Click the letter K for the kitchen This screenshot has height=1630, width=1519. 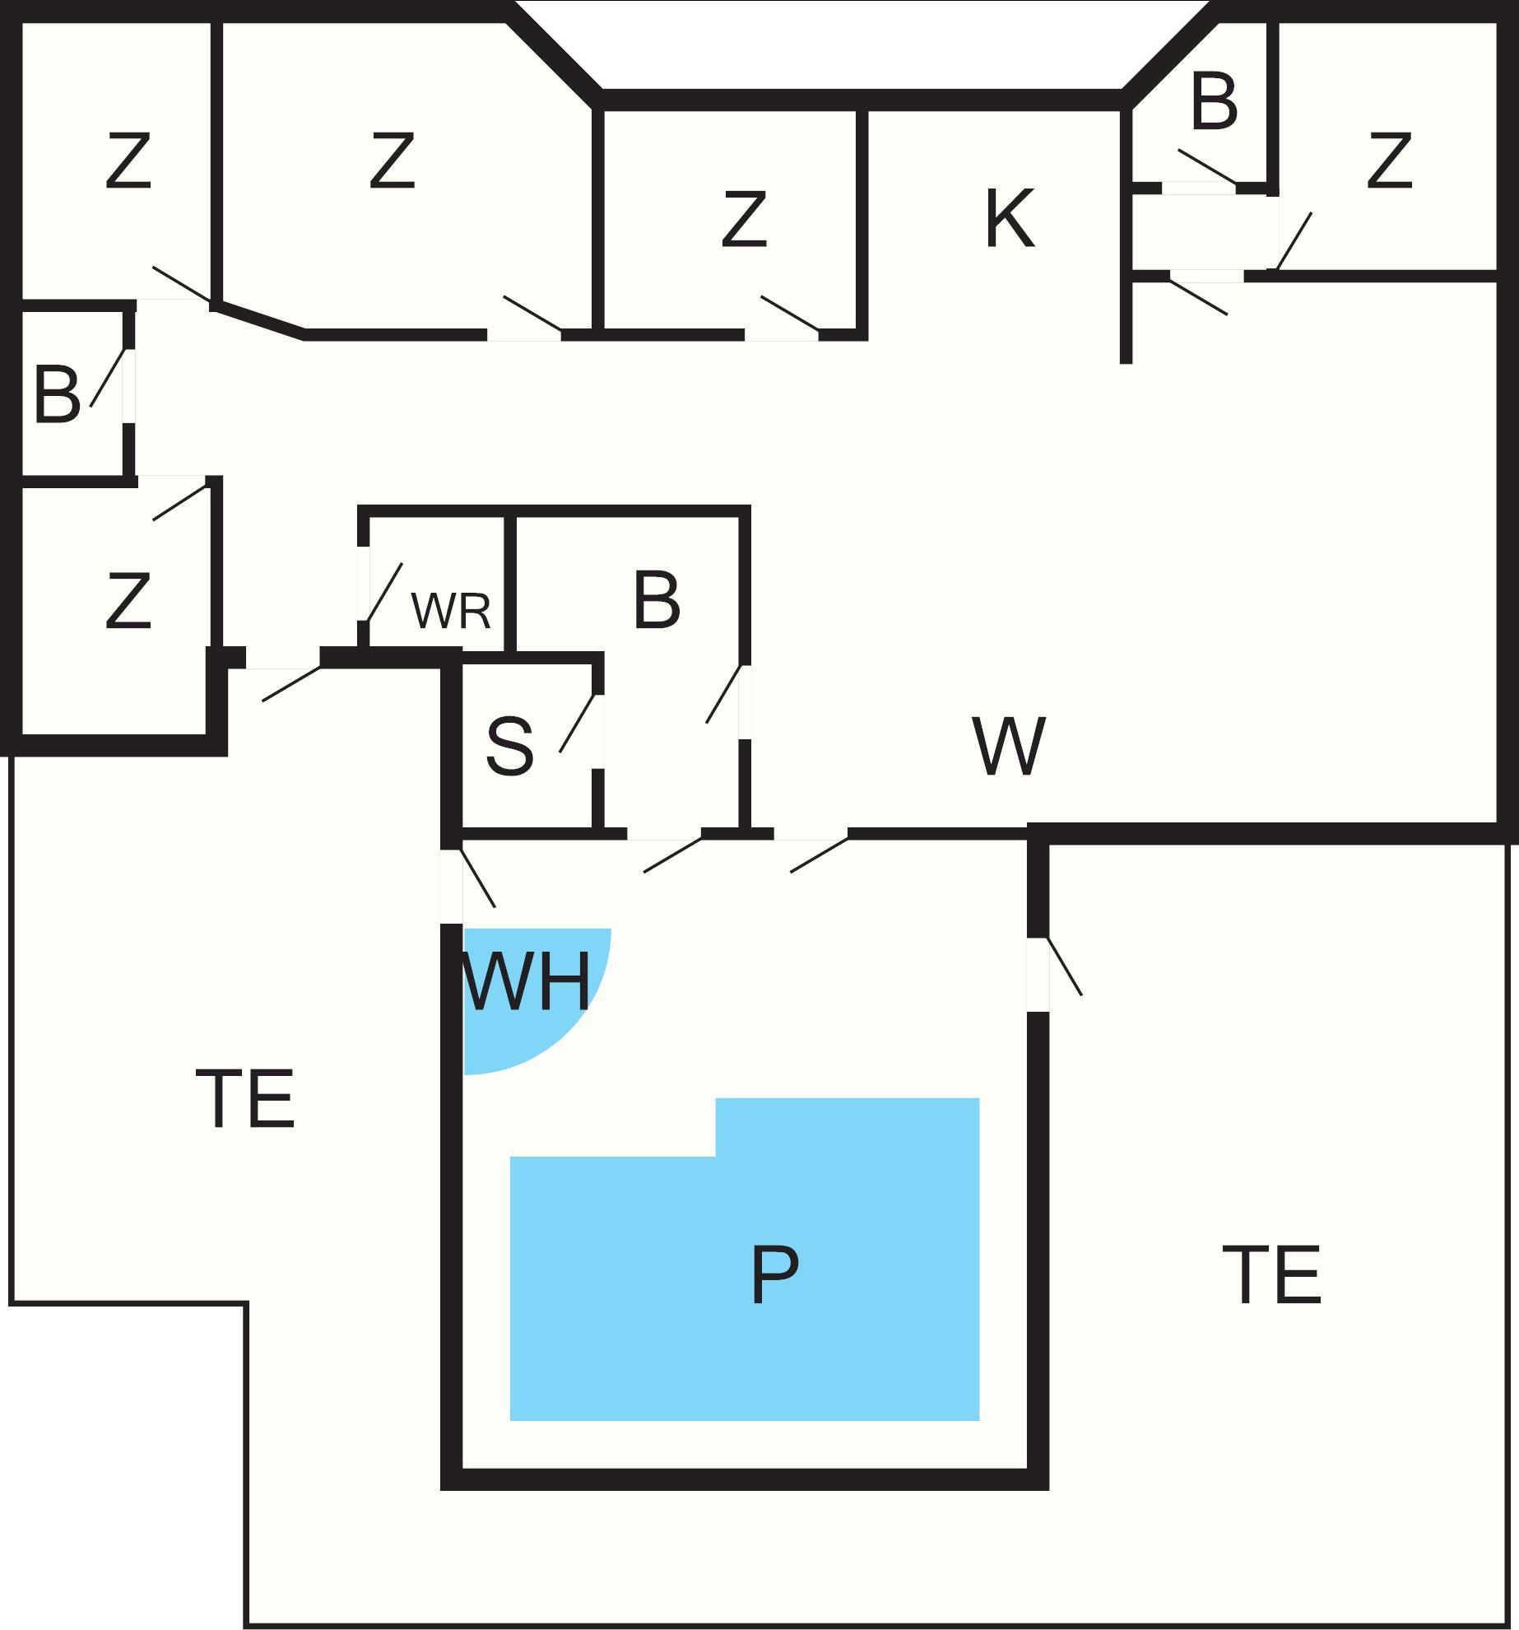click(x=1009, y=220)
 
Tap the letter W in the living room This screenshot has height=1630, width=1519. click(x=1008, y=747)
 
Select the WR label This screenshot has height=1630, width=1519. click(x=451, y=611)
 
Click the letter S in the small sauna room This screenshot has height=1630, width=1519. click(x=509, y=747)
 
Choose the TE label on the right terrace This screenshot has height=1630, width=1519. click(x=1272, y=1276)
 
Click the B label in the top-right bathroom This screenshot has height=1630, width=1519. click(x=1214, y=103)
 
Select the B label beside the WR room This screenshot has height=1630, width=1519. click(x=657, y=601)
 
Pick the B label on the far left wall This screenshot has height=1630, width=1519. click(x=57, y=395)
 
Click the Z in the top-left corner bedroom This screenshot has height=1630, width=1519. click(x=128, y=161)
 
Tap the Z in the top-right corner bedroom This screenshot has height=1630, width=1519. click(x=1389, y=161)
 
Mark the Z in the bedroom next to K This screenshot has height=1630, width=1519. click(x=744, y=220)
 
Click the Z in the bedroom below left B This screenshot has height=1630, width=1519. click(x=128, y=602)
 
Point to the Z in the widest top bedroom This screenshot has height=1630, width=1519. click(x=392, y=161)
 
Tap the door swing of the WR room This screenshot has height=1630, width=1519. click(x=384, y=591)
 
